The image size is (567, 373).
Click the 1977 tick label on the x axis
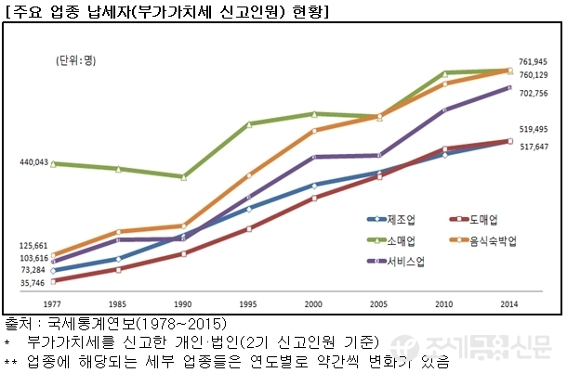pyautogui.click(x=53, y=303)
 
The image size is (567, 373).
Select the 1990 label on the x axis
pyautogui.click(x=183, y=303)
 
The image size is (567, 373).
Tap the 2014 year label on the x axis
pyautogui.click(x=509, y=303)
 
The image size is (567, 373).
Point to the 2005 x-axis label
pyautogui.click(x=378, y=303)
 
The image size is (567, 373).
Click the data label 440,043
pyautogui.click(x=33, y=162)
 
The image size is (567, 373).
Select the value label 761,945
pyautogui.click(x=533, y=61)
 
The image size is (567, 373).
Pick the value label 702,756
pyautogui.click(x=533, y=94)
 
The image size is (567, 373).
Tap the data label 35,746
pyautogui.click(x=34, y=282)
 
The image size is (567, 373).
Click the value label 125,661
pyautogui.click(x=33, y=246)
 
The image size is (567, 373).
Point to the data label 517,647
pyautogui.click(x=533, y=147)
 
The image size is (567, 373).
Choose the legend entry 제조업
pyautogui.click(x=398, y=220)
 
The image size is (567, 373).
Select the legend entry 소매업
pyautogui.click(x=398, y=240)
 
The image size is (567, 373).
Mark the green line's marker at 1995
pyautogui.click(x=249, y=123)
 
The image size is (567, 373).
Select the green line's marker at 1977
pyautogui.click(x=53, y=164)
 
